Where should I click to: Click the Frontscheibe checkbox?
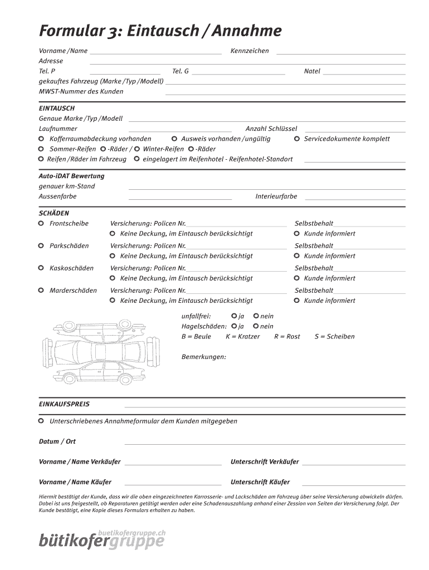click(41, 223)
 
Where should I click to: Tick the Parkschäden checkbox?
click(41, 245)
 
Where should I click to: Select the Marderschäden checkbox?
click(41, 290)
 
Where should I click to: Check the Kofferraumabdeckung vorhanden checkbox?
click(41, 139)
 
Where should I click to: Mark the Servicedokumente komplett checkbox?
click(297, 139)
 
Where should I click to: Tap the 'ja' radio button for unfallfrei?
click(234, 316)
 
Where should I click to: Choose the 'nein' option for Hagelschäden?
click(256, 326)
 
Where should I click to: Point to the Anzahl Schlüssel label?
click(271, 129)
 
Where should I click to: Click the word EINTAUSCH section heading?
click(56, 108)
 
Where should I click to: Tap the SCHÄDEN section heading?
click(53, 213)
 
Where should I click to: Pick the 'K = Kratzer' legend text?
click(242, 337)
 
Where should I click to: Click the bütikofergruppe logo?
click(102, 539)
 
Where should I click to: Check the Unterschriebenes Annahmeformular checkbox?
click(41, 421)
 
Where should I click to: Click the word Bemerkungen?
click(203, 357)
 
